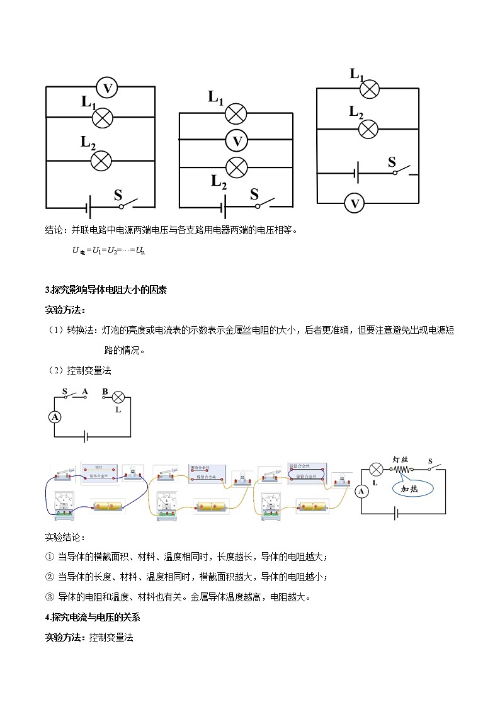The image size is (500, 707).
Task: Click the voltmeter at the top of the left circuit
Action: (107, 89)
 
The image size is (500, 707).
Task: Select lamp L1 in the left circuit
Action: (102, 116)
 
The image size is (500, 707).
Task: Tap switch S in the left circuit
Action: (130, 203)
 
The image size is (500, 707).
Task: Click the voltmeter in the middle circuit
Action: (237, 141)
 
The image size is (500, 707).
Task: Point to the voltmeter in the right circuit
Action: (355, 203)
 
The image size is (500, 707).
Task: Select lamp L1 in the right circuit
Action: (369, 89)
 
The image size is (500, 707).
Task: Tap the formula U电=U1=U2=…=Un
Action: (108, 251)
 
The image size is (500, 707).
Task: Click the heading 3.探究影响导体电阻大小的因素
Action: (106, 290)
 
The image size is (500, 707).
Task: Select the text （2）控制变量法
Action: (80, 370)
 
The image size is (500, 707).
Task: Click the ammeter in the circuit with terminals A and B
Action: (55, 417)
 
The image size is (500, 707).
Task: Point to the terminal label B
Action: (105, 391)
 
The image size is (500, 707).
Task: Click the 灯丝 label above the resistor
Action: (401, 460)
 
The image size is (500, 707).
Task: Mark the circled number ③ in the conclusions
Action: (50, 597)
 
